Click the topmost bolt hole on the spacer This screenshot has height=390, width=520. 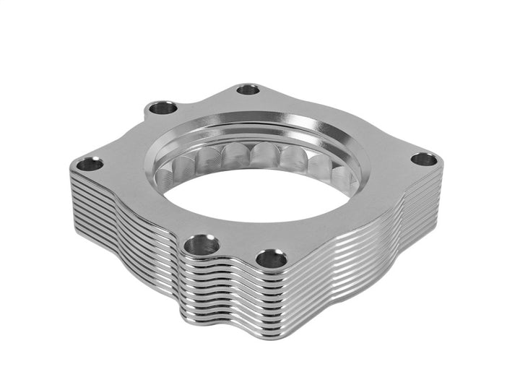tap(248, 90)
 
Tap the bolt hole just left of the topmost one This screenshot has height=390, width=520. tap(162, 108)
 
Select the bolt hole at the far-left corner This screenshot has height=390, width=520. tap(90, 164)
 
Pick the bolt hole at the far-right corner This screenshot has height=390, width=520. tap(424, 160)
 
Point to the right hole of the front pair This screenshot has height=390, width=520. tap(270, 258)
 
